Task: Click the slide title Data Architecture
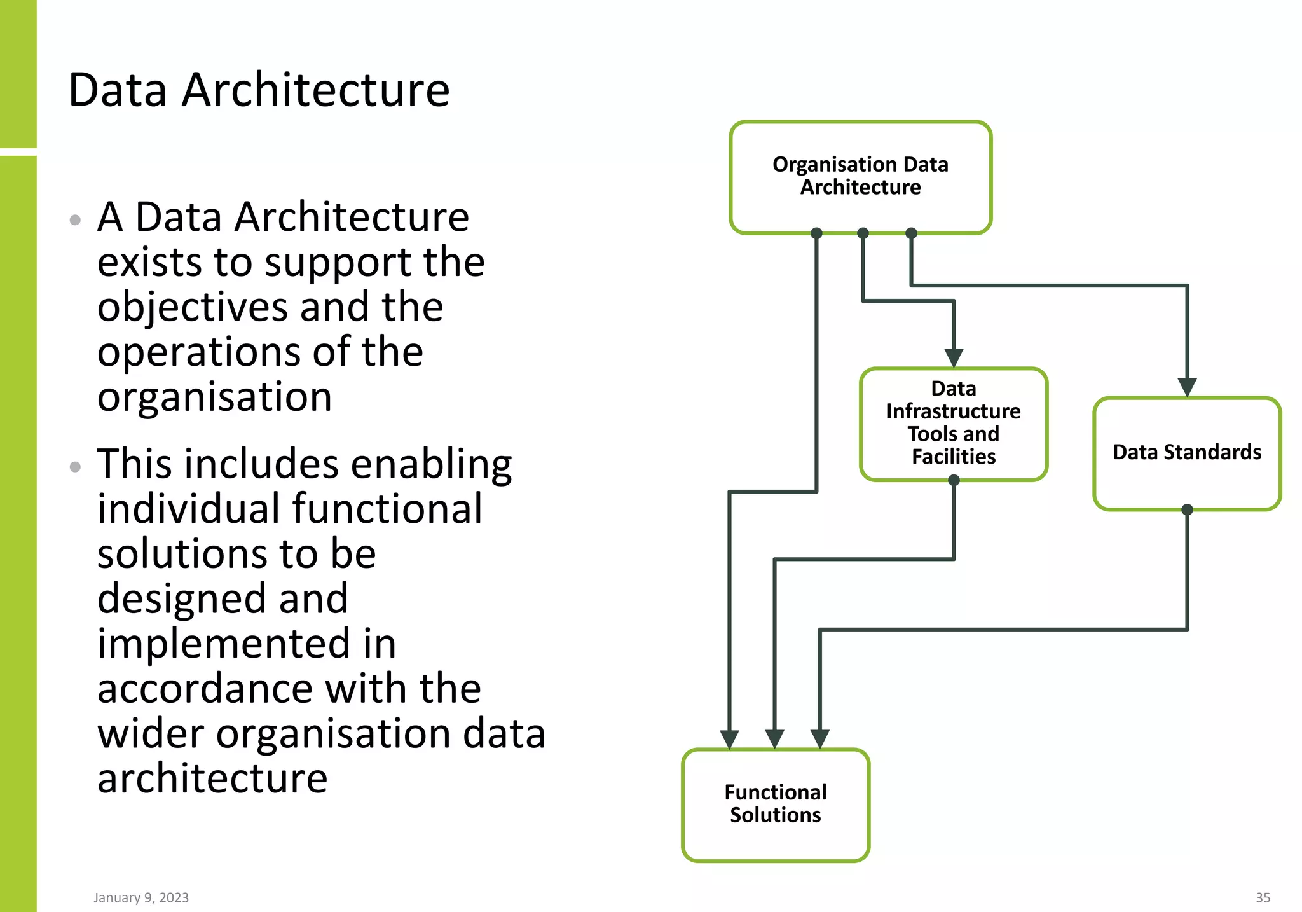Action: click(259, 90)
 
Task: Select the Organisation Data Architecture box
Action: click(860, 176)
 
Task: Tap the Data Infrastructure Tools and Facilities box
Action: click(953, 423)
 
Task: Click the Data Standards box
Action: click(1186, 452)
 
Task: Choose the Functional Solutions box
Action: click(775, 804)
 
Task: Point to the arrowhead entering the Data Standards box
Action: click(1187, 387)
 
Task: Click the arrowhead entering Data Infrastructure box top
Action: click(954, 357)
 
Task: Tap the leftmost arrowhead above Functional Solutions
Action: click(729, 738)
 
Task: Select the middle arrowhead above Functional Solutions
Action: click(774, 738)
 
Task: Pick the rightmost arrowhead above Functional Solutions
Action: click(820, 738)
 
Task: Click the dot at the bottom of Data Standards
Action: click(1187, 509)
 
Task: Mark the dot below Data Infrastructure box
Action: click(954, 480)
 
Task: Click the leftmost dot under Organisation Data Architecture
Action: click(817, 233)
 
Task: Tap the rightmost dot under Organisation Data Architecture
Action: click(911, 233)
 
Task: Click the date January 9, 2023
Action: click(141, 897)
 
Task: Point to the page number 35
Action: click(1263, 897)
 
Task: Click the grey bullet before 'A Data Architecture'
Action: click(75, 220)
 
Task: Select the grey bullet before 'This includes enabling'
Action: click(75, 467)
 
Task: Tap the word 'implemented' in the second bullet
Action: click(224, 644)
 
